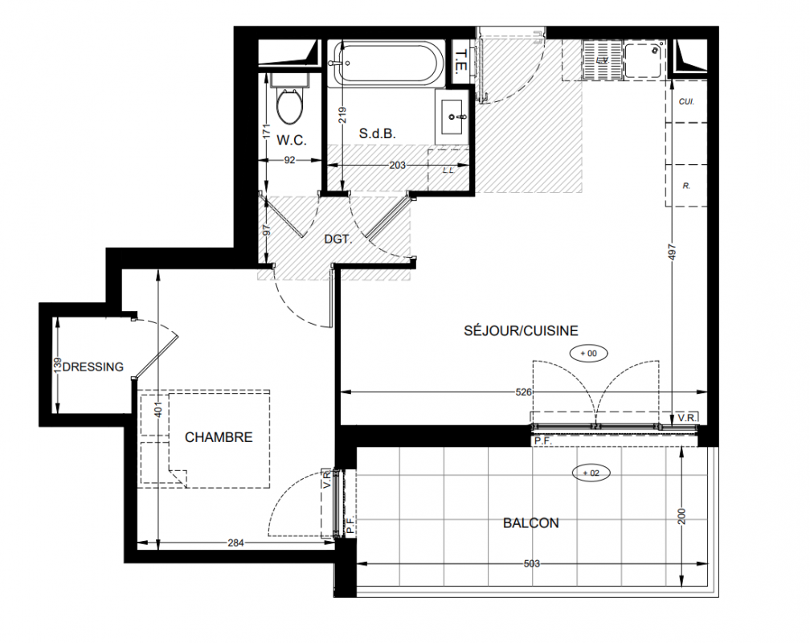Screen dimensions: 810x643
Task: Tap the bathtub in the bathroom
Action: coord(388,63)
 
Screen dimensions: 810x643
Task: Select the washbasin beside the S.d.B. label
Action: coord(454,117)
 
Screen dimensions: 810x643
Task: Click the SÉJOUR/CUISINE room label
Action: coord(521,330)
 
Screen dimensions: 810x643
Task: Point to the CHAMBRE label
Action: coord(219,437)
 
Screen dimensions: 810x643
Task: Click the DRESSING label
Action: coord(93,367)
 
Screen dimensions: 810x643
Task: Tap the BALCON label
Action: coord(530,523)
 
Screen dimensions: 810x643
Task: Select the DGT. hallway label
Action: coord(338,240)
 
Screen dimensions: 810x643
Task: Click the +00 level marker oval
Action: coord(588,354)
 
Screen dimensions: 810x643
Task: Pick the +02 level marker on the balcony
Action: coord(591,473)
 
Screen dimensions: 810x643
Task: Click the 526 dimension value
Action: coord(523,392)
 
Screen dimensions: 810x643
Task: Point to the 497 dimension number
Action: coord(672,252)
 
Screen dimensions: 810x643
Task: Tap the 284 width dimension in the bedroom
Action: coord(235,543)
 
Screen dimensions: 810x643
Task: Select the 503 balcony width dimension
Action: coord(532,563)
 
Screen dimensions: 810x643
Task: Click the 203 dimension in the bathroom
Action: coord(397,166)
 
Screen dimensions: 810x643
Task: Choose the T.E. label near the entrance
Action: coord(461,60)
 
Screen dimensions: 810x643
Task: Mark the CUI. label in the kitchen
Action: coord(686,102)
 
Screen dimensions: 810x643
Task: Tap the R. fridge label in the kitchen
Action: coord(686,186)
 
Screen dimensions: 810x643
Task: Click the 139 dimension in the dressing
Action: coord(57,364)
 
